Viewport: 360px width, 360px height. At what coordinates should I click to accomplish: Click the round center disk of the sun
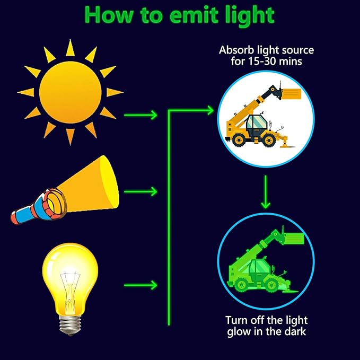[71, 92]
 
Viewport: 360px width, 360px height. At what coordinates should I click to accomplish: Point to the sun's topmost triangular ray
[71, 48]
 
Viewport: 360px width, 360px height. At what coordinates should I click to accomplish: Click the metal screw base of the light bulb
[71, 324]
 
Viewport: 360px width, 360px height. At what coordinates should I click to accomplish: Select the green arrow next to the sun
[141, 115]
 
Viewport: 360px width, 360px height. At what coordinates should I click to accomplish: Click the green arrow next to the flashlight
[141, 191]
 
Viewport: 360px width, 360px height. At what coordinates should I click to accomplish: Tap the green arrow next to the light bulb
[141, 285]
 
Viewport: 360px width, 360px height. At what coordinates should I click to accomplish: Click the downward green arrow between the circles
[266, 192]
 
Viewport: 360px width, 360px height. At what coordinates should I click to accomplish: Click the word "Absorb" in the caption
[236, 50]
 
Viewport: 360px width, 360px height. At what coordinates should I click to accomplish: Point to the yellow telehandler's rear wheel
[239, 139]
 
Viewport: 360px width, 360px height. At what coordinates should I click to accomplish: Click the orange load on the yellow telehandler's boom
[292, 94]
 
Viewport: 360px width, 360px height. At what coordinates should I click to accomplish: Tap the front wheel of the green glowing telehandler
[271, 285]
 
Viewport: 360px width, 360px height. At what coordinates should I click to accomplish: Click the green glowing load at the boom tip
[294, 238]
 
